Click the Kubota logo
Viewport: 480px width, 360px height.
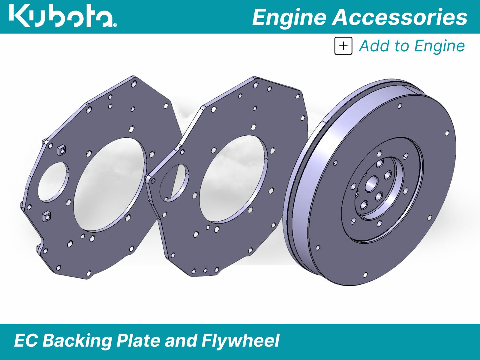[63, 16]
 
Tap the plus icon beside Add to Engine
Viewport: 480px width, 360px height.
[343, 46]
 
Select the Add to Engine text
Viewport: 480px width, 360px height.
[412, 46]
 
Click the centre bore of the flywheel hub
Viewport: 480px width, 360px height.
[371, 184]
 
